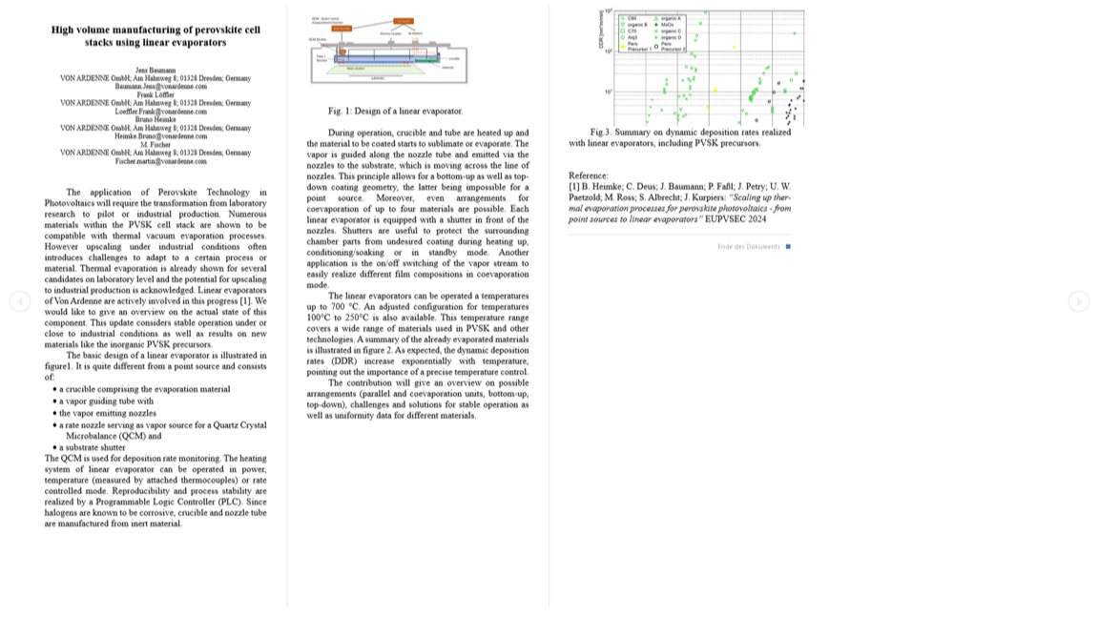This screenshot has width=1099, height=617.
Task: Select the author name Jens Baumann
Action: [x=156, y=71]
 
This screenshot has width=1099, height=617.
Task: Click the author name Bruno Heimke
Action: [x=156, y=119]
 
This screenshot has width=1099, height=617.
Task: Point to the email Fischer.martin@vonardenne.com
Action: [x=156, y=161]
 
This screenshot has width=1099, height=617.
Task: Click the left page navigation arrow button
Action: [x=20, y=301]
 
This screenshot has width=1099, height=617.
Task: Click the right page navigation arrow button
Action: [x=1078, y=301]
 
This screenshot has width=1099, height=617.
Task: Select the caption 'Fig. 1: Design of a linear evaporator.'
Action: [x=395, y=112]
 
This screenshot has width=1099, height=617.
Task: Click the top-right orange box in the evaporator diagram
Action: [x=404, y=20]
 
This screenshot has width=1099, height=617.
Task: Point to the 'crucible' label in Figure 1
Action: [x=453, y=58]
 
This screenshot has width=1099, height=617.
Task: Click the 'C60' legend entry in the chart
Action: [x=631, y=18]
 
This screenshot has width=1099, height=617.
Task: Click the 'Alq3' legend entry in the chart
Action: [x=632, y=37]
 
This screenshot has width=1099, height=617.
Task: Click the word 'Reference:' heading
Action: [x=588, y=175]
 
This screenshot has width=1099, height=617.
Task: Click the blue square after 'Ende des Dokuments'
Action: [x=788, y=247]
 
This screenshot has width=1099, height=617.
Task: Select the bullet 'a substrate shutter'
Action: [x=92, y=447]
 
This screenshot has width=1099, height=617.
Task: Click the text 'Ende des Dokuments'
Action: [x=748, y=247]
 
